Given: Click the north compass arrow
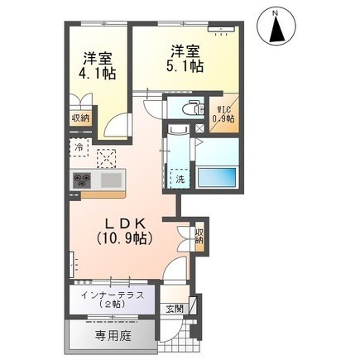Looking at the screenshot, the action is coord(276,27).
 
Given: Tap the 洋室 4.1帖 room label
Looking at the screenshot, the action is coord(98,65).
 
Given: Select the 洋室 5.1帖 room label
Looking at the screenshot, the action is coord(185,59).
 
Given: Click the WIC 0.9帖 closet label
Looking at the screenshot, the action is coord(223,114).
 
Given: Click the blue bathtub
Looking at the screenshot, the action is coord(217,177).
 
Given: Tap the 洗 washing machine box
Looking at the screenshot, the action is coord(180,179).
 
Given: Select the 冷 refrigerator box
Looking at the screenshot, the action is coord(79,147).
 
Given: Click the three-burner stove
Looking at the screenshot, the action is coord(82,180).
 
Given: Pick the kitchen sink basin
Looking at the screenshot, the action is coord(111,180).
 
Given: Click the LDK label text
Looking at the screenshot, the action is coord(126,223).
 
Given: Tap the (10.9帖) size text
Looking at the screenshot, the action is coord(124,238).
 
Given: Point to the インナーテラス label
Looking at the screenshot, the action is coord(113,295).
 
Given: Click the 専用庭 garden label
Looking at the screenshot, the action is coord(113,335).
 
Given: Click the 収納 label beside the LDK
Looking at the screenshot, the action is coord(199,235).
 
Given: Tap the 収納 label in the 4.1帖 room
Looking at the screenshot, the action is coord(81,118).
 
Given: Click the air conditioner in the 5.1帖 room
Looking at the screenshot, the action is coord(221,30).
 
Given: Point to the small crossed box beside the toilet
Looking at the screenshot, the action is coord(199,128).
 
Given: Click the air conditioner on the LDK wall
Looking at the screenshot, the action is coord(72,265).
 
